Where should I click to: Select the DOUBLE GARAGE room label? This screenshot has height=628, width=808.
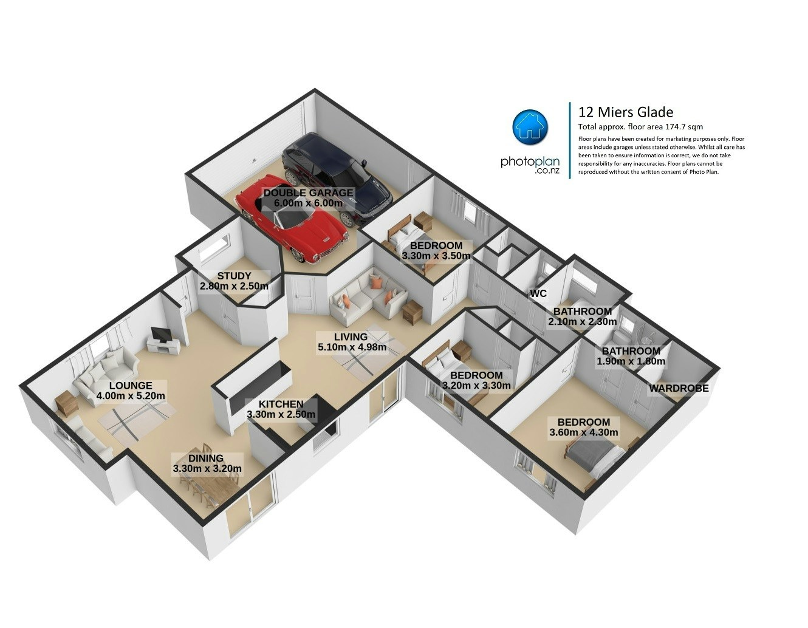[x=308, y=193]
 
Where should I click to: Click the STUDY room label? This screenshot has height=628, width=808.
[x=234, y=276]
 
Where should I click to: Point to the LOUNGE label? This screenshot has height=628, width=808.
[x=131, y=386]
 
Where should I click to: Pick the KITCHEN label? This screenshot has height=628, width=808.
[x=281, y=404]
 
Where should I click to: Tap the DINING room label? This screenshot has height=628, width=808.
[x=206, y=459]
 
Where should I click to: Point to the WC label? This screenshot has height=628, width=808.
[x=538, y=294]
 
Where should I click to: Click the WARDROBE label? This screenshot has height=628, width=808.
[x=679, y=389]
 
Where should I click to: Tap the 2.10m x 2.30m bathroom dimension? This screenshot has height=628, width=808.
[x=583, y=322]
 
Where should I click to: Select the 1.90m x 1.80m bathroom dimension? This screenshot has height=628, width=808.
[x=631, y=361]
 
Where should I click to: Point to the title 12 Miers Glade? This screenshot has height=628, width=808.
[x=626, y=112]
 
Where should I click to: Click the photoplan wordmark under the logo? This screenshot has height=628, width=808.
[x=530, y=162]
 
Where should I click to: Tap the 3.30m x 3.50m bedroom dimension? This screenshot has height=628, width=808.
[x=436, y=256]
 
